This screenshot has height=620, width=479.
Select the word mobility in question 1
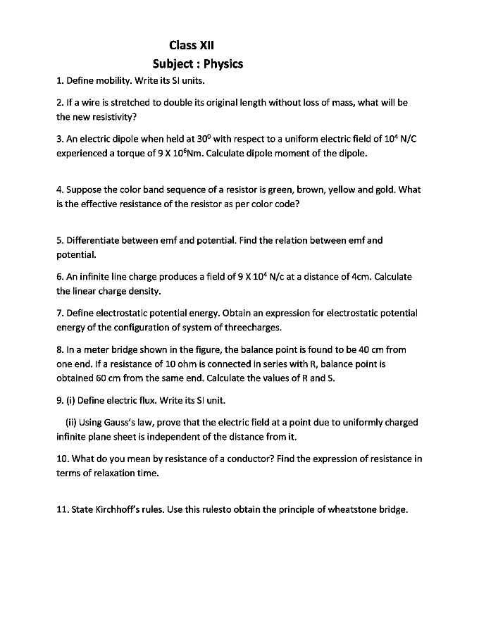[x=111, y=81]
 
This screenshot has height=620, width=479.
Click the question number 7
[x=59, y=314]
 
